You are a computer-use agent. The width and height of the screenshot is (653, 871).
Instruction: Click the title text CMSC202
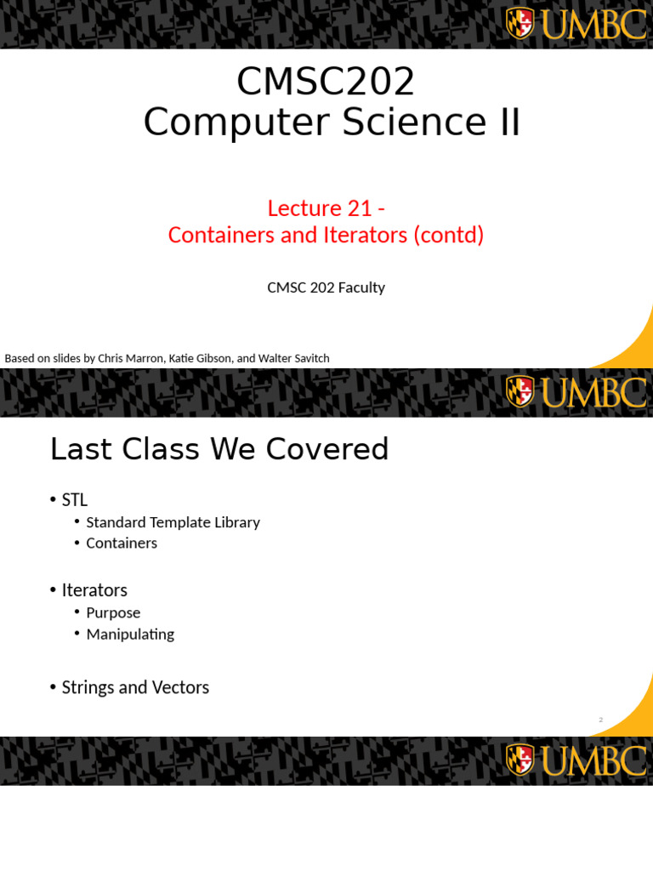pyautogui.click(x=326, y=82)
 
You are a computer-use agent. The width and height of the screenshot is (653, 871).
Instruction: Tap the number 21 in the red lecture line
pyautogui.click(x=356, y=208)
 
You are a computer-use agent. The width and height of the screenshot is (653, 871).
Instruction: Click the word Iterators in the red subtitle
pyautogui.click(x=358, y=235)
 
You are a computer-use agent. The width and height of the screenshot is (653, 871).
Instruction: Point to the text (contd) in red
pyautogui.click(x=448, y=235)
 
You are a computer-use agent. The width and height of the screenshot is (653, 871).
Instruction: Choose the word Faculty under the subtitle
pyautogui.click(x=361, y=287)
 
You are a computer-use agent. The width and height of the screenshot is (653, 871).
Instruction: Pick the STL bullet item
pyautogui.click(x=75, y=499)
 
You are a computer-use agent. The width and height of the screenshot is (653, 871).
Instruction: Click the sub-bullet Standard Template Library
pyautogui.click(x=173, y=522)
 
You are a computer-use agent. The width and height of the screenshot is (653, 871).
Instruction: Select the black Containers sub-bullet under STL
pyautogui.click(x=122, y=543)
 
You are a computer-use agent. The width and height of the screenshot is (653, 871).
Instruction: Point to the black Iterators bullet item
pyautogui.click(x=94, y=589)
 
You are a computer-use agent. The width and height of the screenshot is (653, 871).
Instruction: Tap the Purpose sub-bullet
pyautogui.click(x=113, y=612)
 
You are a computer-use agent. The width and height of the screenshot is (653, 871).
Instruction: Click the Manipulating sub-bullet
pyautogui.click(x=130, y=634)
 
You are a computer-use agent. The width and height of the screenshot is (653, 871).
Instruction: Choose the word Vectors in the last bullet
pyautogui.click(x=178, y=686)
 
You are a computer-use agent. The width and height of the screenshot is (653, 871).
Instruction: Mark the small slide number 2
pyautogui.click(x=600, y=720)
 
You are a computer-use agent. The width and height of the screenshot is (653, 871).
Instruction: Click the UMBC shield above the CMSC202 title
pyautogui.click(x=520, y=23)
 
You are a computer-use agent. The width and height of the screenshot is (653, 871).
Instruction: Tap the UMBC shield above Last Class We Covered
pyautogui.click(x=520, y=391)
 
